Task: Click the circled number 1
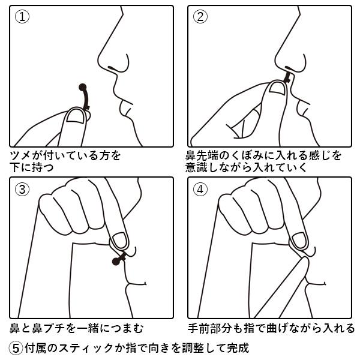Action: click(x=22, y=17)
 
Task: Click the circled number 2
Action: click(x=200, y=17)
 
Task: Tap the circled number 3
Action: click(x=22, y=189)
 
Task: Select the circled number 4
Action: click(x=200, y=189)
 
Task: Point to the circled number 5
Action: click(x=16, y=348)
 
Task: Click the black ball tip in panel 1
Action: click(x=83, y=87)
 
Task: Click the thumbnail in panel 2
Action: click(x=278, y=88)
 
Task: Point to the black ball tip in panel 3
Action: click(x=116, y=261)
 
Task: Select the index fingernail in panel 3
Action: click(x=120, y=241)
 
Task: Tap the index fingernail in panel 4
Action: click(x=299, y=241)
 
